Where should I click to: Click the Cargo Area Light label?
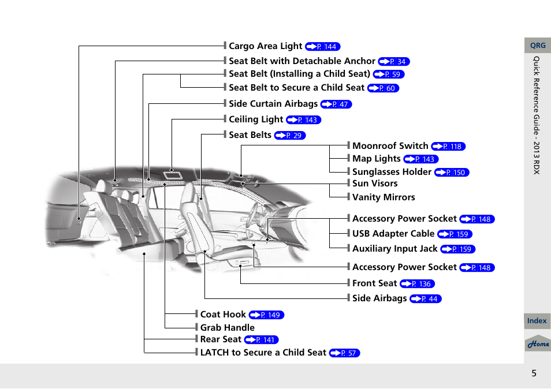pyautogui.click(x=265, y=46)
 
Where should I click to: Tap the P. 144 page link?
pyautogui.click(x=323, y=47)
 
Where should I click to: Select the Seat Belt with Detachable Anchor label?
pyautogui.click(x=301, y=61)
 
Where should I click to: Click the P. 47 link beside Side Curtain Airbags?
pyautogui.click(x=336, y=104)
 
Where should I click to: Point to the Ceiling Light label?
pyautogui.click(x=256, y=119)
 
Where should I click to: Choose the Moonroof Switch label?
pyautogui.click(x=390, y=146)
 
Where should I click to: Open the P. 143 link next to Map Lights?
pyautogui.click(x=421, y=159)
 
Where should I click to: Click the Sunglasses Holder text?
pyautogui.click(x=392, y=172)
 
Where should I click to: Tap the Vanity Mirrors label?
pyautogui.click(x=384, y=197)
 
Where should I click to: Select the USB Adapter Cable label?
pyautogui.click(x=393, y=234)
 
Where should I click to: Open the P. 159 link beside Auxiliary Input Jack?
pyautogui.click(x=457, y=249)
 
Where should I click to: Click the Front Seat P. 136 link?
pyautogui.click(x=417, y=284)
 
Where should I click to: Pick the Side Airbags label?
pyautogui.click(x=379, y=298)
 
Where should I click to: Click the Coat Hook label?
pyautogui.click(x=223, y=315)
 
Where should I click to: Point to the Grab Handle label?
pyautogui.click(x=227, y=328)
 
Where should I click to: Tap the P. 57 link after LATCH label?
pyautogui.click(x=344, y=353)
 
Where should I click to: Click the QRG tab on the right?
pyautogui.click(x=538, y=46)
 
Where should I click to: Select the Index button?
pyautogui.click(x=537, y=321)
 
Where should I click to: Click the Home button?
pyautogui.click(x=538, y=344)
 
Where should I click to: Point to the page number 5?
pyautogui.click(x=534, y=373)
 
